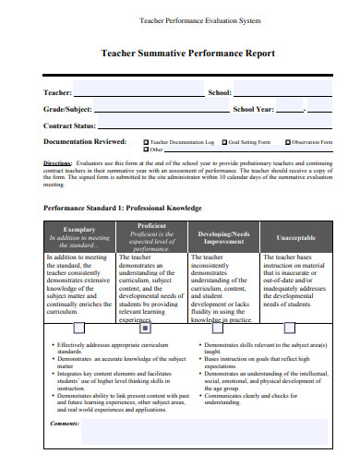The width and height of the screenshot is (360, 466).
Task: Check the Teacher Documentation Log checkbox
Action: coord(146,142)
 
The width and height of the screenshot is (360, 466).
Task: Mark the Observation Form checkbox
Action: coord(287,142)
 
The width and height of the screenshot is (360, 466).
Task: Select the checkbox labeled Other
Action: coord(146,149)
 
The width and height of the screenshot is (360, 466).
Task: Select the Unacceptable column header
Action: coord(295,236)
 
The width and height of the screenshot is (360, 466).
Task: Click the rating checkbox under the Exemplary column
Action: coord(78,327)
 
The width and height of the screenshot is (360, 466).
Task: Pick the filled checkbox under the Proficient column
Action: coord(145,327)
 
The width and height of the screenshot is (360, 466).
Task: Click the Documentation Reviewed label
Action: coord(85,142)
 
